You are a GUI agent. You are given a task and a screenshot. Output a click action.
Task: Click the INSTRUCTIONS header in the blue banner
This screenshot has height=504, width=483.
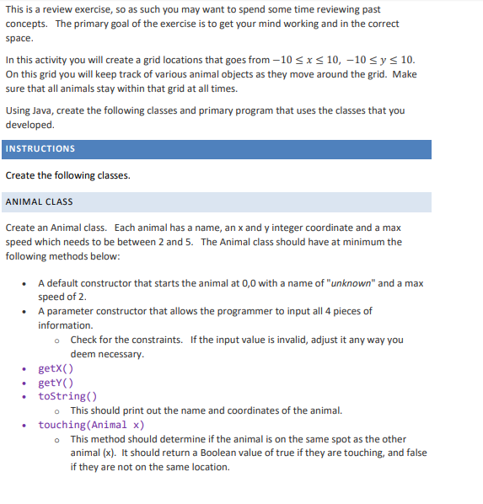pyautogui.click(x=40, y=149)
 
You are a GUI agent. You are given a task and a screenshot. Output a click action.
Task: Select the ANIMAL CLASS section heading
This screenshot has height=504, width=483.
pyautogui.click(x=39, y=202)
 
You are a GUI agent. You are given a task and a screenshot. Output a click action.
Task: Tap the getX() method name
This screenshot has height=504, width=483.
pyautogui.click(x=56, y=368)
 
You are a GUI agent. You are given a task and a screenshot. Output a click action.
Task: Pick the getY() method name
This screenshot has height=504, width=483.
pyautogui.click(x=56, y=383)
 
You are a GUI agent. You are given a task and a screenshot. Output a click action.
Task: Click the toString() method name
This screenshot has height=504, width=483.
pyautogui.click(x=67, y=396)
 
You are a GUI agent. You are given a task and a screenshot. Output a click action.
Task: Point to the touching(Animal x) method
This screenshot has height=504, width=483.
pyautogui.click(x=91, y=425)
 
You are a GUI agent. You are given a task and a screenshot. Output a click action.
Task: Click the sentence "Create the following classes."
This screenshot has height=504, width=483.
pyautogui.click(x=67, y=175)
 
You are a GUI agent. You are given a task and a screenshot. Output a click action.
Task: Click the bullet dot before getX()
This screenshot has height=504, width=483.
pyautogui.click(x=29, y=369)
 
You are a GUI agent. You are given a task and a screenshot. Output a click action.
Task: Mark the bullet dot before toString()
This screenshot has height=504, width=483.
pyautogui.click(x=29, y=397)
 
